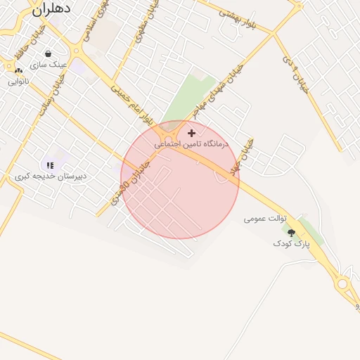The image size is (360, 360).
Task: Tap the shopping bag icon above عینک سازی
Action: [x=48, y=53]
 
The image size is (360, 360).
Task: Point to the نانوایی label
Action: [x=19, y=82]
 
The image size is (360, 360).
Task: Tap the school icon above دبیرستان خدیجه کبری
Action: [x=50, y=165]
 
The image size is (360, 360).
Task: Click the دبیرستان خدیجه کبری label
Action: [x=51, y=176]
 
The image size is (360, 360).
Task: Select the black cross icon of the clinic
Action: [x=191, y=132]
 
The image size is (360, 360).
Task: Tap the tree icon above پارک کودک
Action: [x=291, y=233]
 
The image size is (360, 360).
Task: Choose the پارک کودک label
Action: [x=291, y=243]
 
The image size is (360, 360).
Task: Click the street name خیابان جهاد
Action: [x=250, y=153]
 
